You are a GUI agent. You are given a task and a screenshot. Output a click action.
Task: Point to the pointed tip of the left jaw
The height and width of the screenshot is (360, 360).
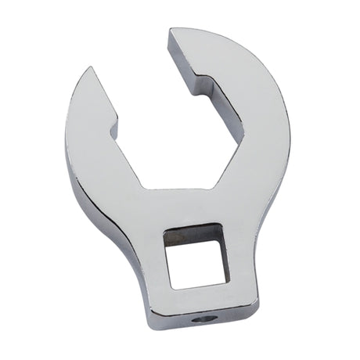tap(93, 71)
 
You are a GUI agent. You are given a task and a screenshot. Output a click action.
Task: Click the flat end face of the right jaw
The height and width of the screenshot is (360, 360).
tap(181, 55)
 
